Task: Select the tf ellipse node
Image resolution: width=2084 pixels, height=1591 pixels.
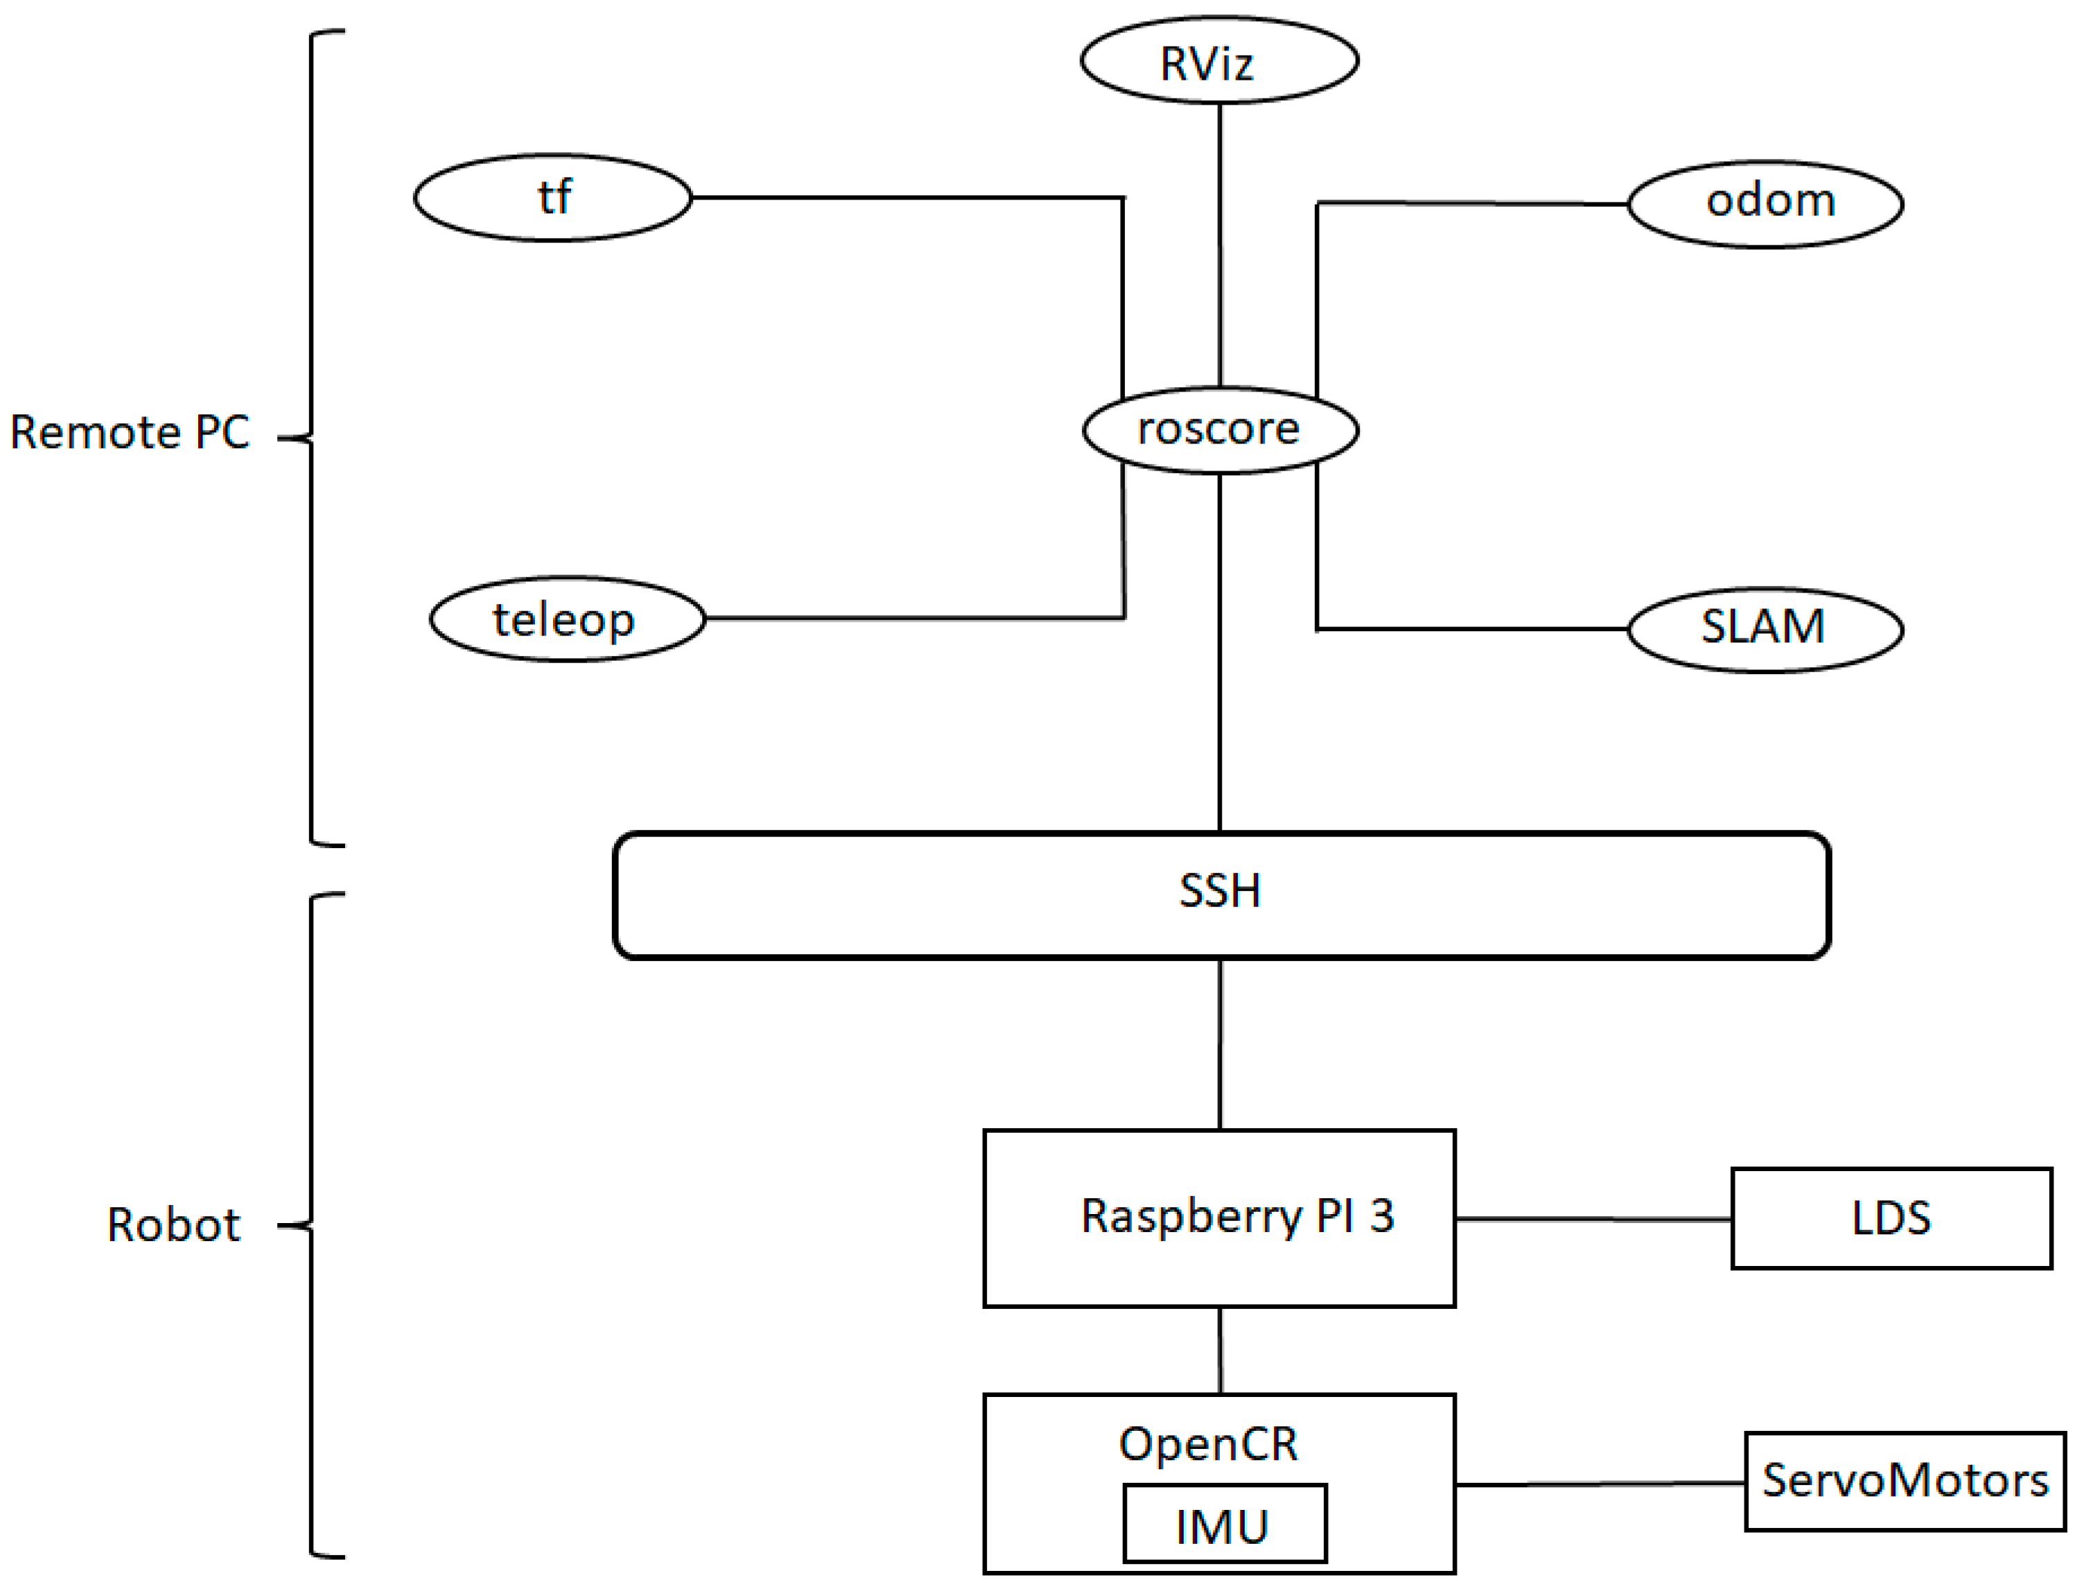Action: click(x=553, y=198)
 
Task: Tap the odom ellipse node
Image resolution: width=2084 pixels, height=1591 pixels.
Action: click(x=1766, y=204)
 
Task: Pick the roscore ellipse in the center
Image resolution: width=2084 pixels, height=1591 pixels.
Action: click(x=1220, y=430)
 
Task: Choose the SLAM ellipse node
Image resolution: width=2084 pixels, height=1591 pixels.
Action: click(x=1766, y=629)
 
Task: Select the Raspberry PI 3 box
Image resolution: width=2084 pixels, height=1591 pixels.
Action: click(x=1219, y=1218)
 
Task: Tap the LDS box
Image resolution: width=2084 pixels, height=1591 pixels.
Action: click(x=1891, y=1218)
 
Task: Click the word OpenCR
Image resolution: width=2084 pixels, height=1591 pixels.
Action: click(x=1208, y=1444)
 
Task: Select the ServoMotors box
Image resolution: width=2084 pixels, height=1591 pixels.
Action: click(x=1904, y=1481)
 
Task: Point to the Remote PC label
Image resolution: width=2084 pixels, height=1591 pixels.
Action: click(x=130, y=433)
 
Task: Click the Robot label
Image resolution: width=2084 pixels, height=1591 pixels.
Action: click(x=173, y=1225)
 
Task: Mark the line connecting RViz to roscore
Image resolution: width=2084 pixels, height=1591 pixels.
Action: click(x=1220, y=246)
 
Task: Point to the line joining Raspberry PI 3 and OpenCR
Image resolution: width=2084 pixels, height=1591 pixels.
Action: click(x=1220, y=1351)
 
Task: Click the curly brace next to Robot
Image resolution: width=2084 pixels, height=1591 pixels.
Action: click(x=313, y=1225)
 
